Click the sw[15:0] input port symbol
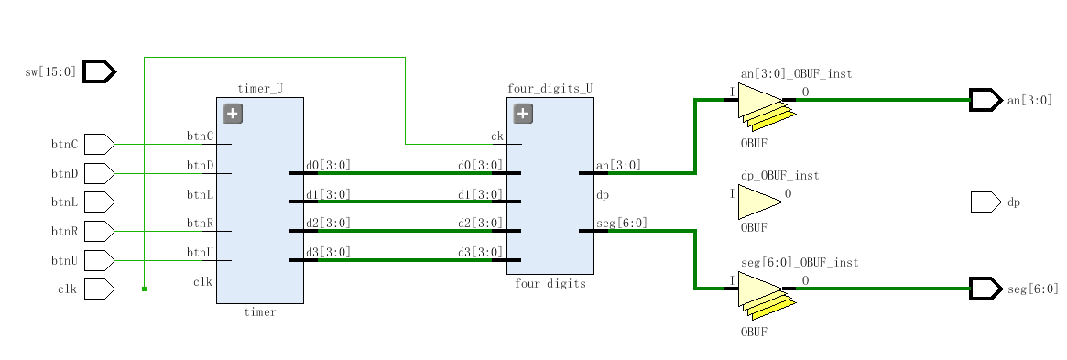coord(99,71)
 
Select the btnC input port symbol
coord(99,144)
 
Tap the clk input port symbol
coord(99,289)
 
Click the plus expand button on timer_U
coord(233,114)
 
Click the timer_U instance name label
coord(260,89)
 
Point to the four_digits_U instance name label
coord(550,89)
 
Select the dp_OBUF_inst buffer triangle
coord(761,202)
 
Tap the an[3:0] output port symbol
coord(986,100)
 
